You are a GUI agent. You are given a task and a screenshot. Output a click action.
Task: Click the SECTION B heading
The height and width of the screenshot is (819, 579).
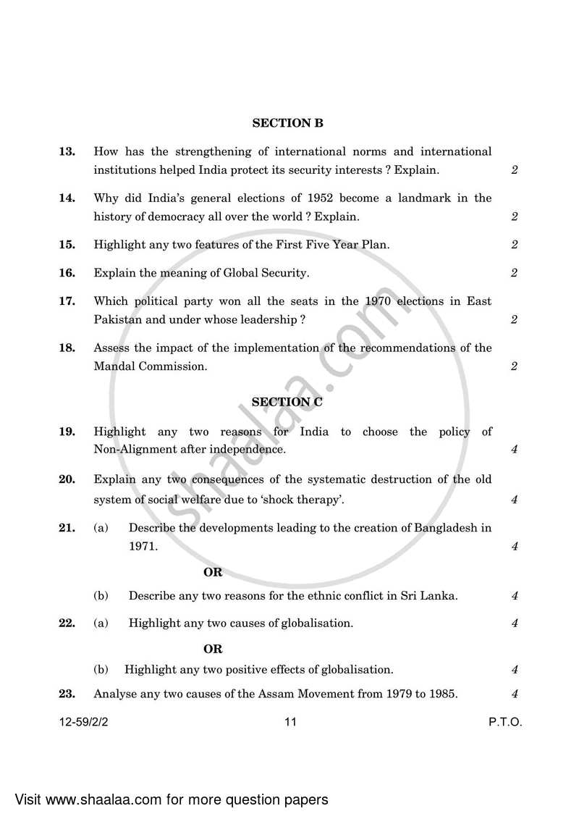pyautogui.click(x=287, y=123)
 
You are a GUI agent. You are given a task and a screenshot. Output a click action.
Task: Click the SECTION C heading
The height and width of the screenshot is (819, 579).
pyautogui.click(x=287, y=401)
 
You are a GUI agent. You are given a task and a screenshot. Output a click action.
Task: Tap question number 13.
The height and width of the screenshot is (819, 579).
pyautogui.click(x=67, y=151)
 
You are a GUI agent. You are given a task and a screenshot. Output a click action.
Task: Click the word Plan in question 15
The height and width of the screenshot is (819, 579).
pyautogui.click(x=375, y=245)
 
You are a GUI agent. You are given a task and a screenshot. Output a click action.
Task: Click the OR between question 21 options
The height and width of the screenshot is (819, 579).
pyautogui.click(x=213, y=572)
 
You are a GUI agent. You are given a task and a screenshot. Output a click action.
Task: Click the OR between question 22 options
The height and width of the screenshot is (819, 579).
pyautogui.click(x=213, y=649)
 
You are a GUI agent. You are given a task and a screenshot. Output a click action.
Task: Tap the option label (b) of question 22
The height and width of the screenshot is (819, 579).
pyautogui.click(x=101, y=669)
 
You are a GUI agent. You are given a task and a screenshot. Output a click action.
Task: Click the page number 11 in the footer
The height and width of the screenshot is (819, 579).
pyautogui.click(x=291, y=722)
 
